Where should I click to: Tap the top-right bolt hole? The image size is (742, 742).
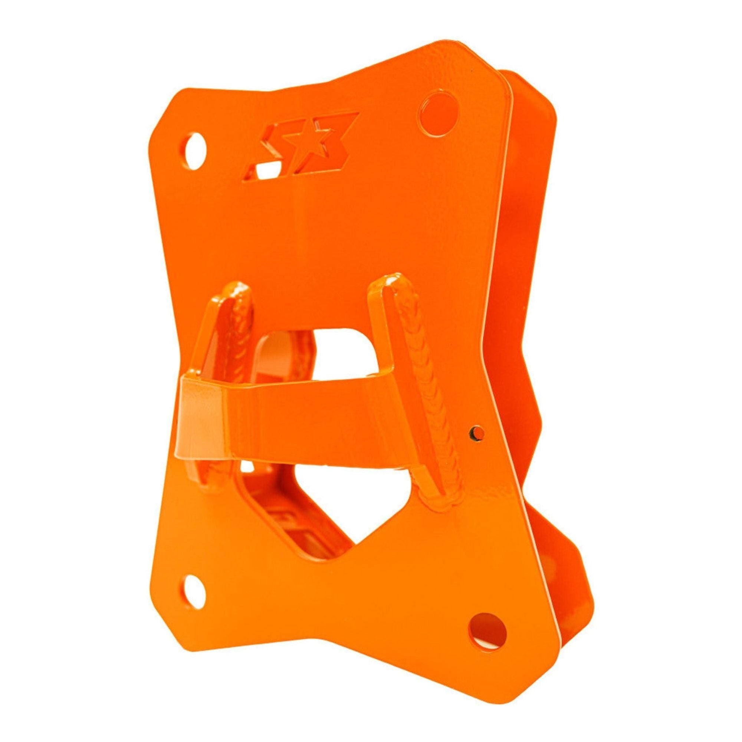439,112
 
